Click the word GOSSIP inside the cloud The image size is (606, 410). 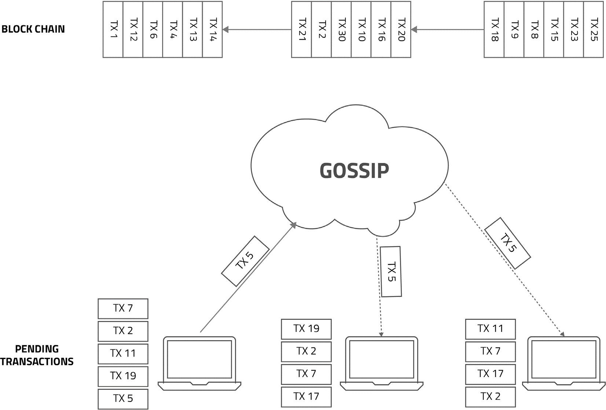click(x=354, y=171)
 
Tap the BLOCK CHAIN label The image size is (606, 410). click(x=33, y=29)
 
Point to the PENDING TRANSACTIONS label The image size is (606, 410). click(x=37, y=355)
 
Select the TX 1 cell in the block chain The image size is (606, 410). click(x=113, y=29)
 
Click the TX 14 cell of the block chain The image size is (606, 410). click(x=212, y=29)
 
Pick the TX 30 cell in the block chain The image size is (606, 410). click(x=341, y=29)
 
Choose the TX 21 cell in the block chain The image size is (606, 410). click(x=301, y=29)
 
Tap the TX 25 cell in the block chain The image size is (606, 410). click(x=593, y=29)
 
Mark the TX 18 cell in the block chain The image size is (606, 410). click(x=494, y=29)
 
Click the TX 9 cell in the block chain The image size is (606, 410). click(x=514, y=29)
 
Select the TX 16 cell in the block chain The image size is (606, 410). click(x=381, y=29)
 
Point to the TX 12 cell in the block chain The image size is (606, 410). click(x=133, y=29)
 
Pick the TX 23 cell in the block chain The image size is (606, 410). click(x=573, y=29)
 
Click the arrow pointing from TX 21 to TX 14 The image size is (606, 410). click(x=257, y=29)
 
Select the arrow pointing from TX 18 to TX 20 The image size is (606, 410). click(x=447, y=29)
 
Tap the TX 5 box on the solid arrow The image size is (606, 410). click(x=245, y=261)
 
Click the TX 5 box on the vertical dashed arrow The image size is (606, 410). click(x=391, y=272)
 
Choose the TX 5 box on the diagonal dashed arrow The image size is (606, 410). click(x=508, y=243)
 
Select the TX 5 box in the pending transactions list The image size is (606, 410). click(x=123, y=399)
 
